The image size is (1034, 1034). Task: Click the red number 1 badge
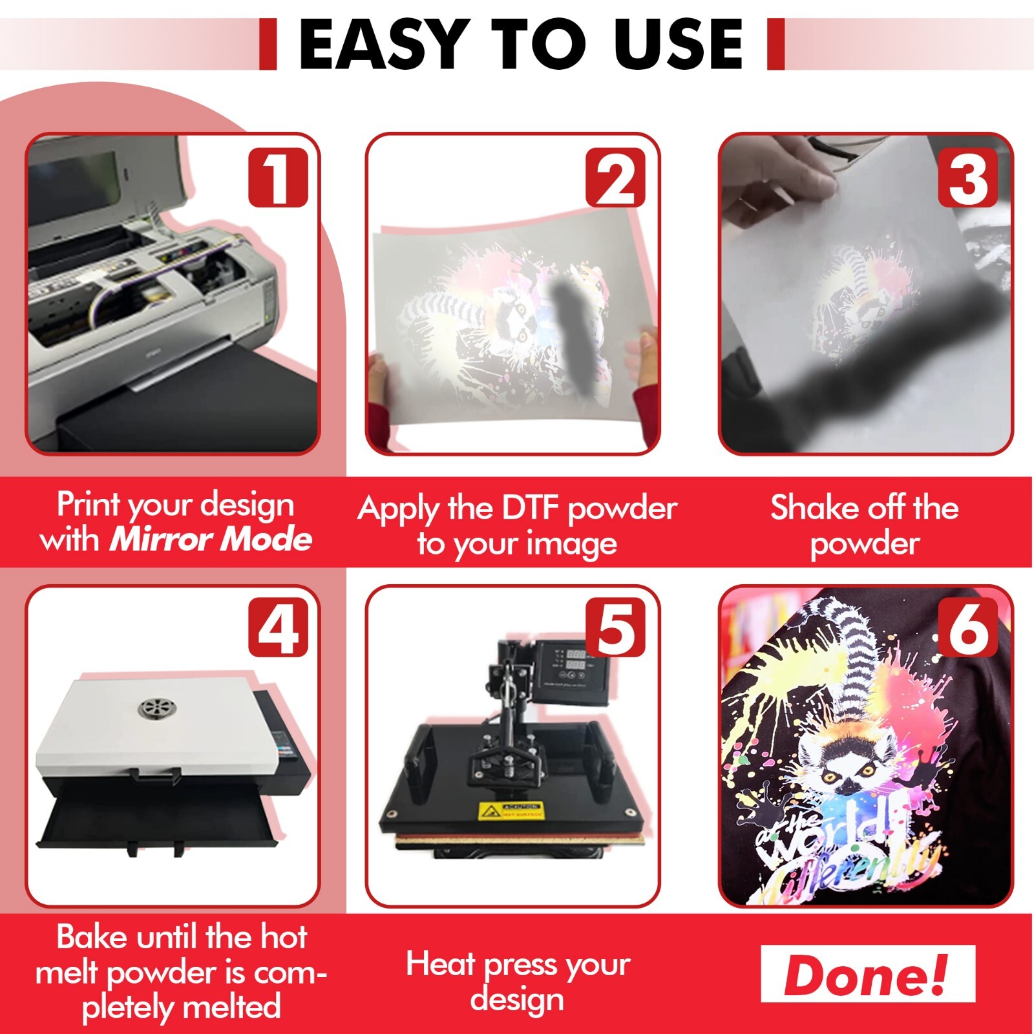tap(278, 178)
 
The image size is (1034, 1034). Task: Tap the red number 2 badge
tap(615, 178)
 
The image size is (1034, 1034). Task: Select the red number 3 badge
tap(967, 178)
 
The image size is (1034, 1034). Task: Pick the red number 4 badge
tap(278, 627)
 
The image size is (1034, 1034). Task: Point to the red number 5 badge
tap(615, 627)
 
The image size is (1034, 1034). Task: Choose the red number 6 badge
tap(967, 627)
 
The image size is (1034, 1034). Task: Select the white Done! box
tap(867, 974)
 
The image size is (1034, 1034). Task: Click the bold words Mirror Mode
tap(211, 539)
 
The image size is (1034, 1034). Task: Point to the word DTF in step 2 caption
tap(529, 508)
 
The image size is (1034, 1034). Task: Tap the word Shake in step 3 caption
tap(808, 507)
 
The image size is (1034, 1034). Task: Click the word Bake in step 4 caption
tap(91, 936)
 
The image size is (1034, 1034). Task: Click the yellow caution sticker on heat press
tap(510, 810)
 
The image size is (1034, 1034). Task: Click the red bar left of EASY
tap(268, 44)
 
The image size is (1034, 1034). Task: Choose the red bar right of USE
tap(775, 44)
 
